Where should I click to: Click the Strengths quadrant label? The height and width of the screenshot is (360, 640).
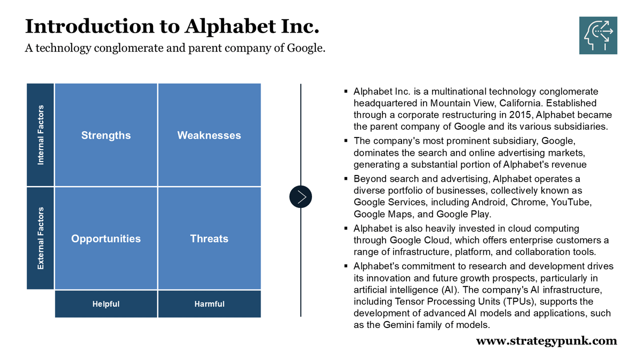coord(106,135)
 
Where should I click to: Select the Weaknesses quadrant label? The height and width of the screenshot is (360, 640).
coord(209,135)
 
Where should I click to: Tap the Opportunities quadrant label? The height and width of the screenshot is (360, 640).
coord(106,239)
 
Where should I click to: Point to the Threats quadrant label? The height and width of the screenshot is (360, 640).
coord(209,239)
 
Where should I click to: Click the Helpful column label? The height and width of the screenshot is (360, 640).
coord(106,304)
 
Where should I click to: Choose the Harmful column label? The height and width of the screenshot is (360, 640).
coord(209,304)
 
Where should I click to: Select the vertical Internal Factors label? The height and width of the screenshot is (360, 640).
coord(41,135)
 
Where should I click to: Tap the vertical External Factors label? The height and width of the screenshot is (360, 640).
coord(41,238)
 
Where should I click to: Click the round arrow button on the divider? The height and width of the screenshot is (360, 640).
coord(301,197)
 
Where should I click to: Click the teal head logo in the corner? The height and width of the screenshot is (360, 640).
coord(598,35)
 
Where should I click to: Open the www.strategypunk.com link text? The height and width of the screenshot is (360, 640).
coord(546,341)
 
